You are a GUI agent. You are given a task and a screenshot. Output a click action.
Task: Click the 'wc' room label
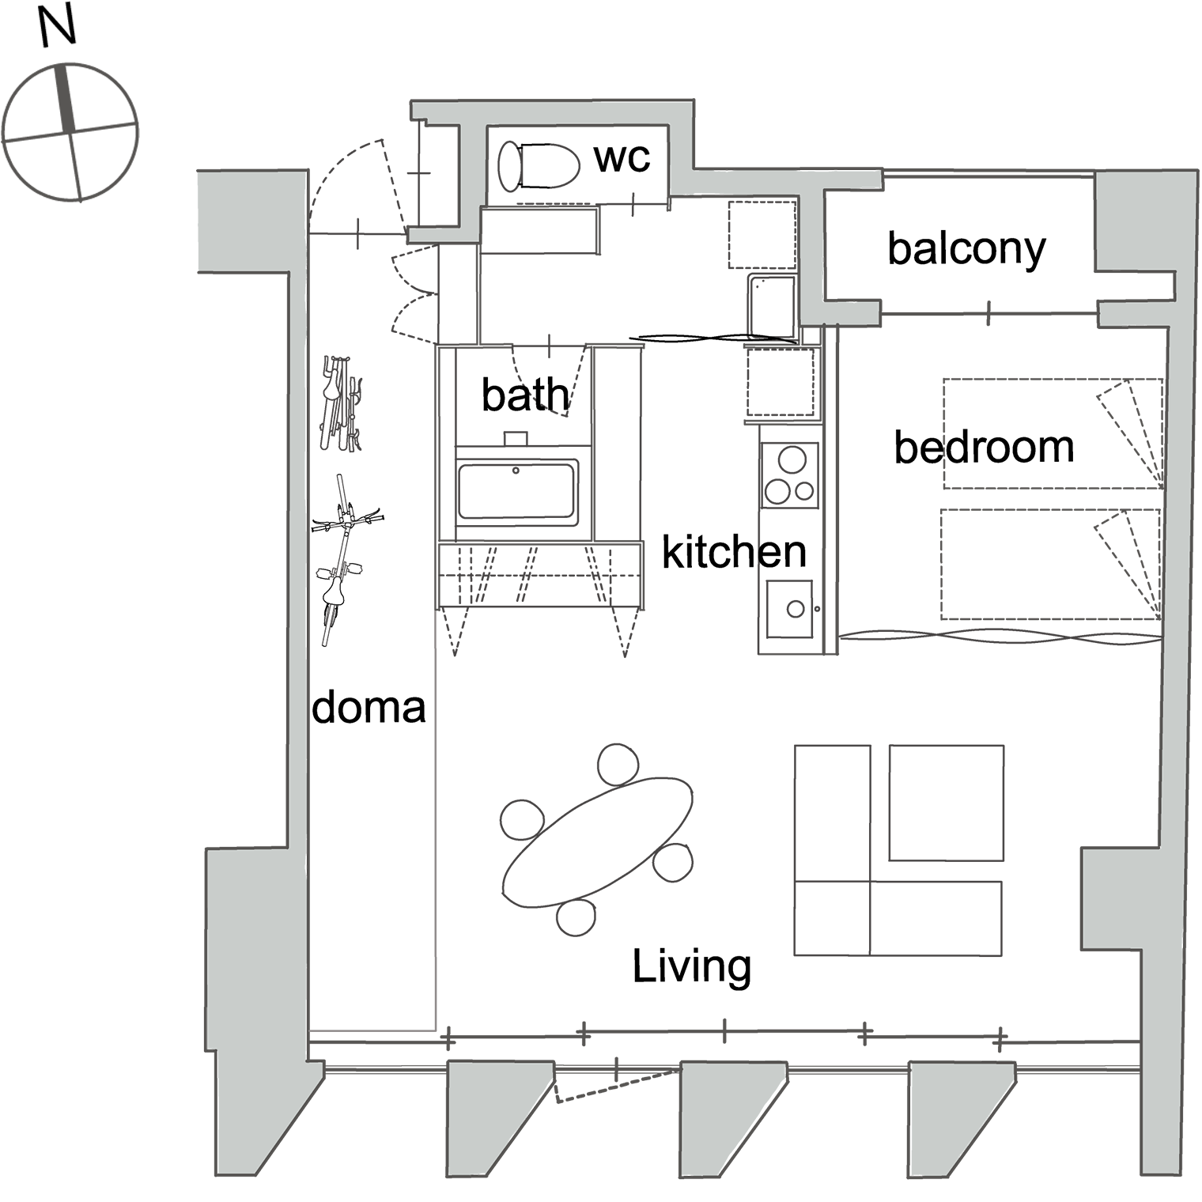click(x=622, y=158)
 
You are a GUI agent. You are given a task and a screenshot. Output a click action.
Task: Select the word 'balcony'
click(x=966, y=250)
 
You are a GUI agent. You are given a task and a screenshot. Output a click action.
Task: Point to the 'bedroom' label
click(x=984, y=447)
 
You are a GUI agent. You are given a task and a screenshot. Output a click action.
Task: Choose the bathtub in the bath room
click(x=517, y=492)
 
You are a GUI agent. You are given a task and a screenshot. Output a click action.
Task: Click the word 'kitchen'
click(x=734, y=551)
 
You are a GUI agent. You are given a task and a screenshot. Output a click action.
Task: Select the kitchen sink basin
click(x=789, y=608)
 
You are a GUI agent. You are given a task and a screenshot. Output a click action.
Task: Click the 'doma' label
click(x=369, y=707)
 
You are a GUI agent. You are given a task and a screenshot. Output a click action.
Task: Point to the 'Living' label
click(x=692, y=966)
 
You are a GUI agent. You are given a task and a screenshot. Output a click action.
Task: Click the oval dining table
click(x=598, y=842)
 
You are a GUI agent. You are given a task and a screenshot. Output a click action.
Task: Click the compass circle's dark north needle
click(x=65, y=98)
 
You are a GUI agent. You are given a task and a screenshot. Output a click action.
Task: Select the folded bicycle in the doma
click(x=341, y=403)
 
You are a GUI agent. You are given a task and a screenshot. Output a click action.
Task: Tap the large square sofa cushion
click(x=947, y=803)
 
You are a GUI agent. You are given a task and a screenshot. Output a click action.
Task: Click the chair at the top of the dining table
click(x=618, y=764)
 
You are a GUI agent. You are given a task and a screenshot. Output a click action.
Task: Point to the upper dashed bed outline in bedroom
click(x=1053, y=433)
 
